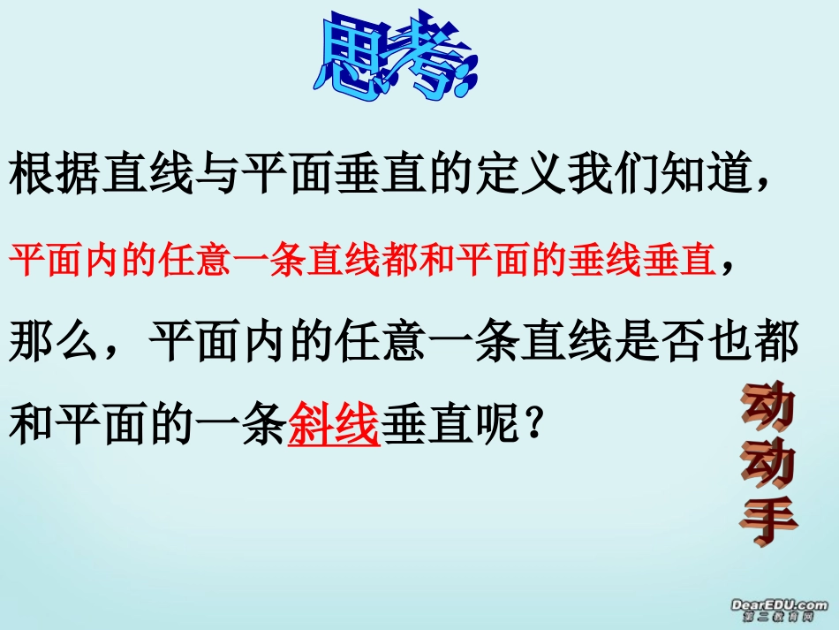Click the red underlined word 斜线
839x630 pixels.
pyautogui.click(x=334, y=427)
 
